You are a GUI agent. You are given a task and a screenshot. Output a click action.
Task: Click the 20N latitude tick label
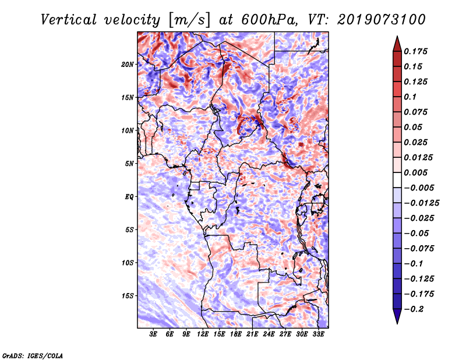[x=128, y=64]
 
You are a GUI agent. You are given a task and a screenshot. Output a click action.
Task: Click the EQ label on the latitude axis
[x=129, y=196]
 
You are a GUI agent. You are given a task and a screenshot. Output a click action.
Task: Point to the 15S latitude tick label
[x=128, y=295]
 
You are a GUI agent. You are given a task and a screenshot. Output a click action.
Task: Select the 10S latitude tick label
[x=128, y=263]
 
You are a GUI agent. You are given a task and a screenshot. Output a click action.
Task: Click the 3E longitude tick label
[x=153, y=334]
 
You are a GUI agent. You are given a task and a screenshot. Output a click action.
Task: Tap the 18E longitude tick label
[x=235, y=334]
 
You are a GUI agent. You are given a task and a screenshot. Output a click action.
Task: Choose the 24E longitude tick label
[x=269, y=334]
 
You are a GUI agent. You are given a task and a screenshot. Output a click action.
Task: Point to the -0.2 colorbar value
[x=418, y=308]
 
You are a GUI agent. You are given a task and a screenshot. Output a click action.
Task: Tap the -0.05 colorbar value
[x=418, y=233]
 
